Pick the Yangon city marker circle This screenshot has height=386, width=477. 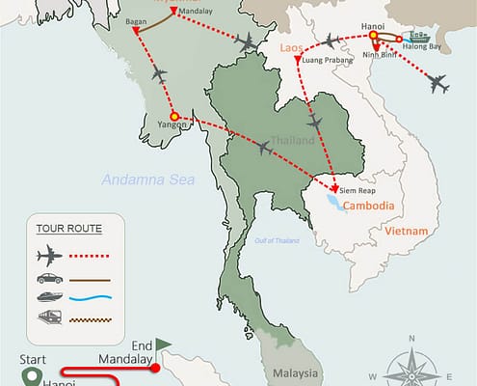pyautogui.click(x=174, y=117)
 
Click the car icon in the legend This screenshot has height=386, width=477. pyautogui.click(x=47, y=278)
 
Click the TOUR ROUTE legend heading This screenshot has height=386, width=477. pyautogui.click(x=68, y=229)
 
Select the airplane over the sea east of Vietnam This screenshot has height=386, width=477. pyautogui.click(x=440, y=84)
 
